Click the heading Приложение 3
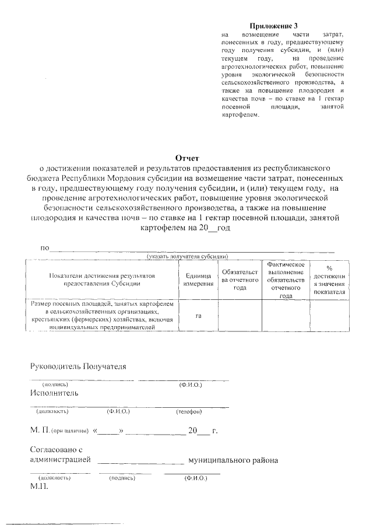pos(273,27)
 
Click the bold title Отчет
pos(187,158)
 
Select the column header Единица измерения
pos(198,279)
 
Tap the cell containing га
pos(198,316)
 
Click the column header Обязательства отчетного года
pos(239,279)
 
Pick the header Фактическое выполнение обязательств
pos(286,280)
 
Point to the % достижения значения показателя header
pos(329,279)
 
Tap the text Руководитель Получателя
pos(78,366)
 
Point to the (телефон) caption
pos(189,412)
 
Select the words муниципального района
pos(233,460)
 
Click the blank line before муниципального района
pos(140,461)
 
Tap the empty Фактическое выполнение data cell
pos(286,316)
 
